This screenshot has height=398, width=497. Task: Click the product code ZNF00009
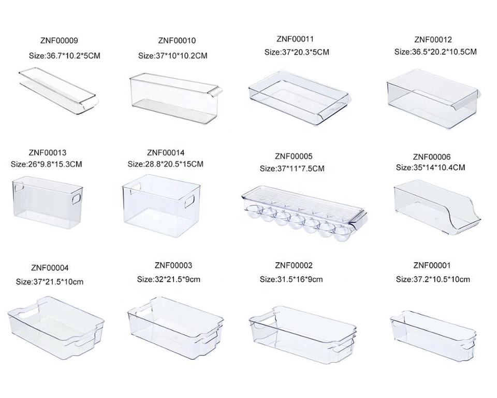(x=59, y=40)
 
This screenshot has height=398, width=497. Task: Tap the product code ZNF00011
(x=295, y=39)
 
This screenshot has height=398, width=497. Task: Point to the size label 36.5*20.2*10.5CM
(x=435, y=52)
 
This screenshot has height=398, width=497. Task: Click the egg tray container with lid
(x=304, y=213)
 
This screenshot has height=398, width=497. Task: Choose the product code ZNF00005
(x=294, y=156)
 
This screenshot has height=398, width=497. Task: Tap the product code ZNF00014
(x=166, y=152)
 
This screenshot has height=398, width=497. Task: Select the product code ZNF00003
(x=173, y=266)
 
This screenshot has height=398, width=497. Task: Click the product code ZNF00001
(x=432, y=266)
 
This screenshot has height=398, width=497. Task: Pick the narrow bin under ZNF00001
(x=433, y=331)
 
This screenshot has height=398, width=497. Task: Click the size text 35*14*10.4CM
(x=430, y=167)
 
